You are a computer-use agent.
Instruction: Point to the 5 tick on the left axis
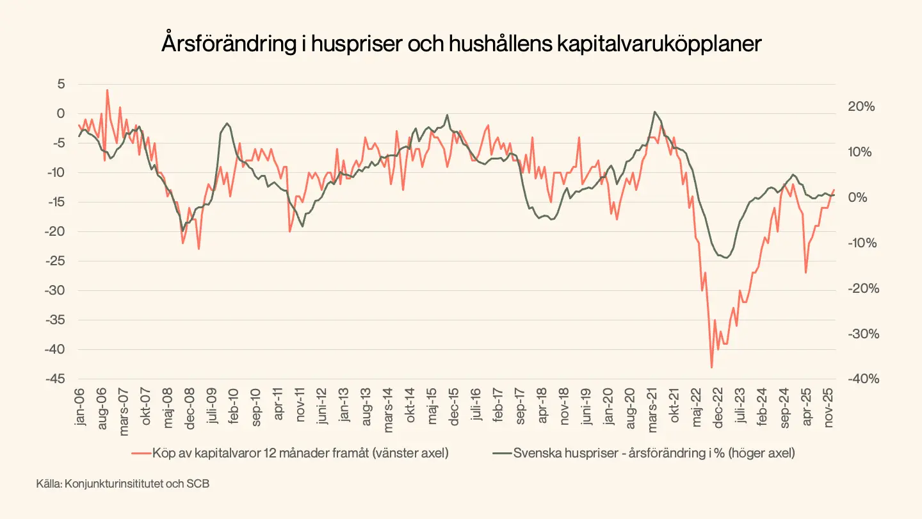pos(61,84)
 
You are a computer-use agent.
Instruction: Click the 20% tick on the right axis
pos(861,107)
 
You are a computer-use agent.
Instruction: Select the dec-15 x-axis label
pos(453,406)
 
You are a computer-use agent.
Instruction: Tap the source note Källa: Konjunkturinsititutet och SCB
pos(123,484)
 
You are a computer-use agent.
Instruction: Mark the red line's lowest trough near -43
pos(711,367)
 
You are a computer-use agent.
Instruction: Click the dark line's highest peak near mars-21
pos(654,111)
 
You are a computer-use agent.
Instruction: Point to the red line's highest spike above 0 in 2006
pos(107,90)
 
